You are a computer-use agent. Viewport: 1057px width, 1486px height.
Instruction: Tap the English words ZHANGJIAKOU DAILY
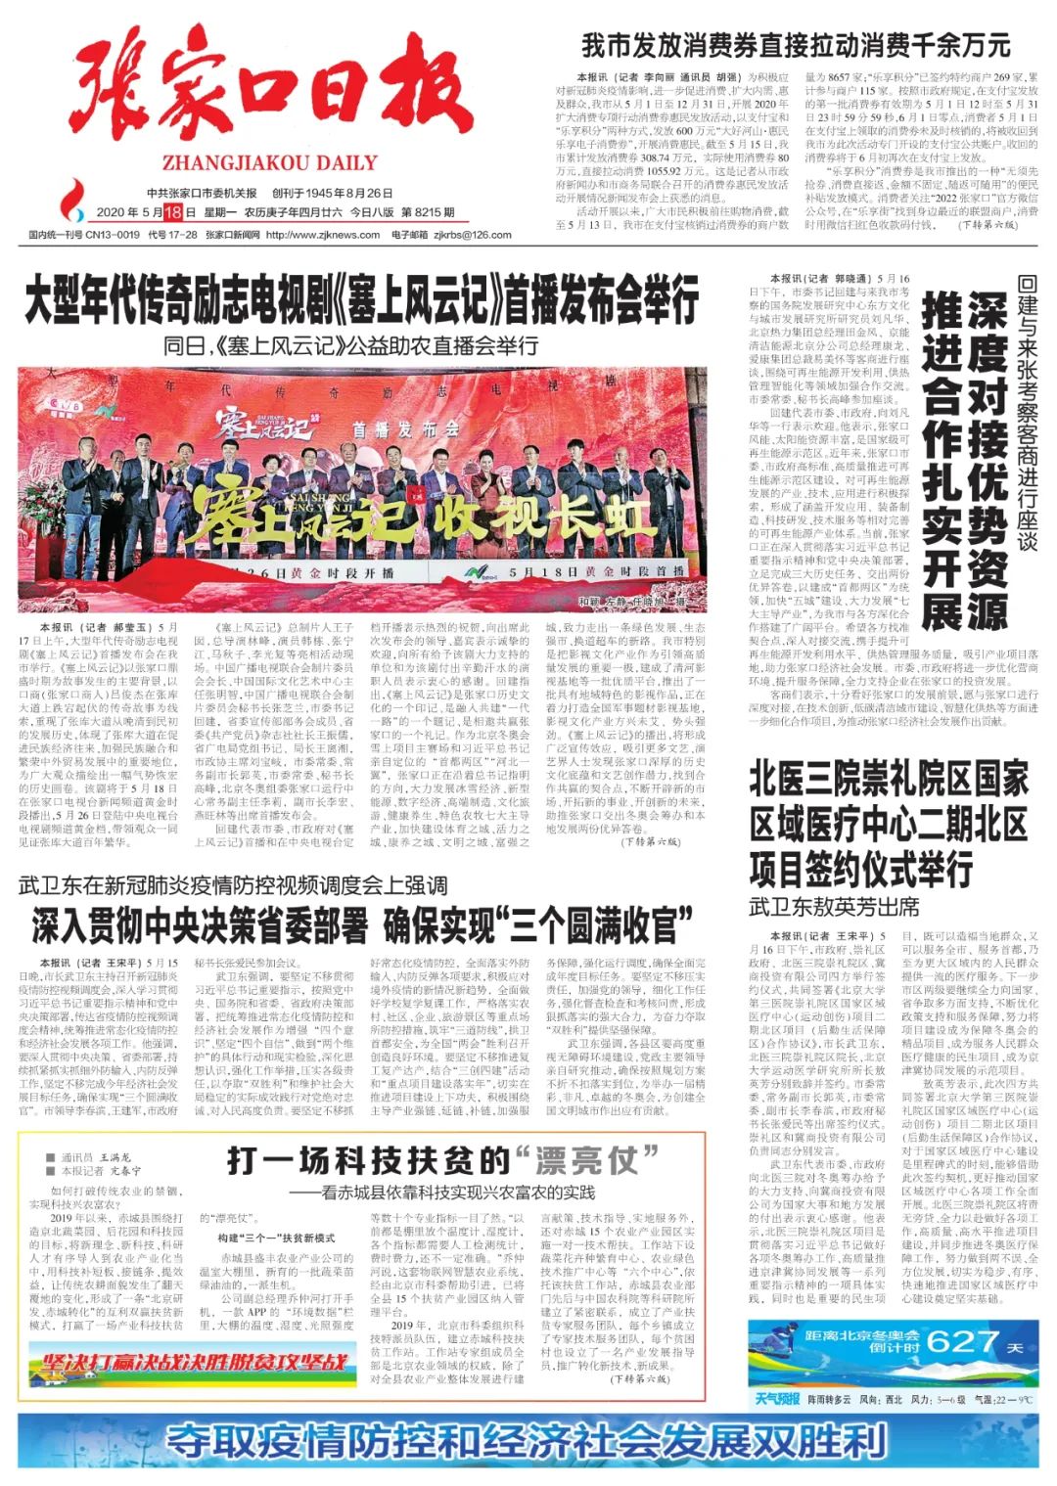[269, 163]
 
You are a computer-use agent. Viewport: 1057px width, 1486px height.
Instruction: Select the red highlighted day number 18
[173, 212]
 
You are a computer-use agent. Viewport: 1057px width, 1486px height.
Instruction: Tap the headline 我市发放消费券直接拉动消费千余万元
[795, 45]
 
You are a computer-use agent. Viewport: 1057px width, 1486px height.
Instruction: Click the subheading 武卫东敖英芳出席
[834, 907]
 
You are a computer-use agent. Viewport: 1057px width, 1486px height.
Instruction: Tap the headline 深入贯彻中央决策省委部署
[361, 924]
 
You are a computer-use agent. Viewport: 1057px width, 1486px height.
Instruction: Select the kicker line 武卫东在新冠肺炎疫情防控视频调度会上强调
[233, 886]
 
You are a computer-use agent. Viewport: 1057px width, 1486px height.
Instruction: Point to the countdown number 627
[965, 1341]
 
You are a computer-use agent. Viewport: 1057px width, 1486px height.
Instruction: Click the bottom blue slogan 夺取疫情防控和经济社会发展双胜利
[527, 1441]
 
